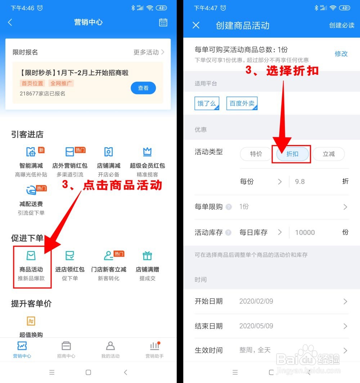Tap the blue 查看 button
(143, 88)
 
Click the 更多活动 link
(149, 52)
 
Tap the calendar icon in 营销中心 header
(163, 22)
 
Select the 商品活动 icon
(31, 256)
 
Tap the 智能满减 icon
(31, 152)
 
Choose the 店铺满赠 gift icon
(147, 256)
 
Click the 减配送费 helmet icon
(31, 190)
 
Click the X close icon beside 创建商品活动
(196, 25)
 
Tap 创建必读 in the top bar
(341, 25)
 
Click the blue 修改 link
(341, 54)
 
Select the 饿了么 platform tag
(207, 103)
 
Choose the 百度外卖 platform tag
(242, 103)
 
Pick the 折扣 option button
(292, 154)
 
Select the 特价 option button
(256, 154)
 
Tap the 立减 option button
(328, 154)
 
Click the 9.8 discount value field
(300, 182)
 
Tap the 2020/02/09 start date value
(256, 301)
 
